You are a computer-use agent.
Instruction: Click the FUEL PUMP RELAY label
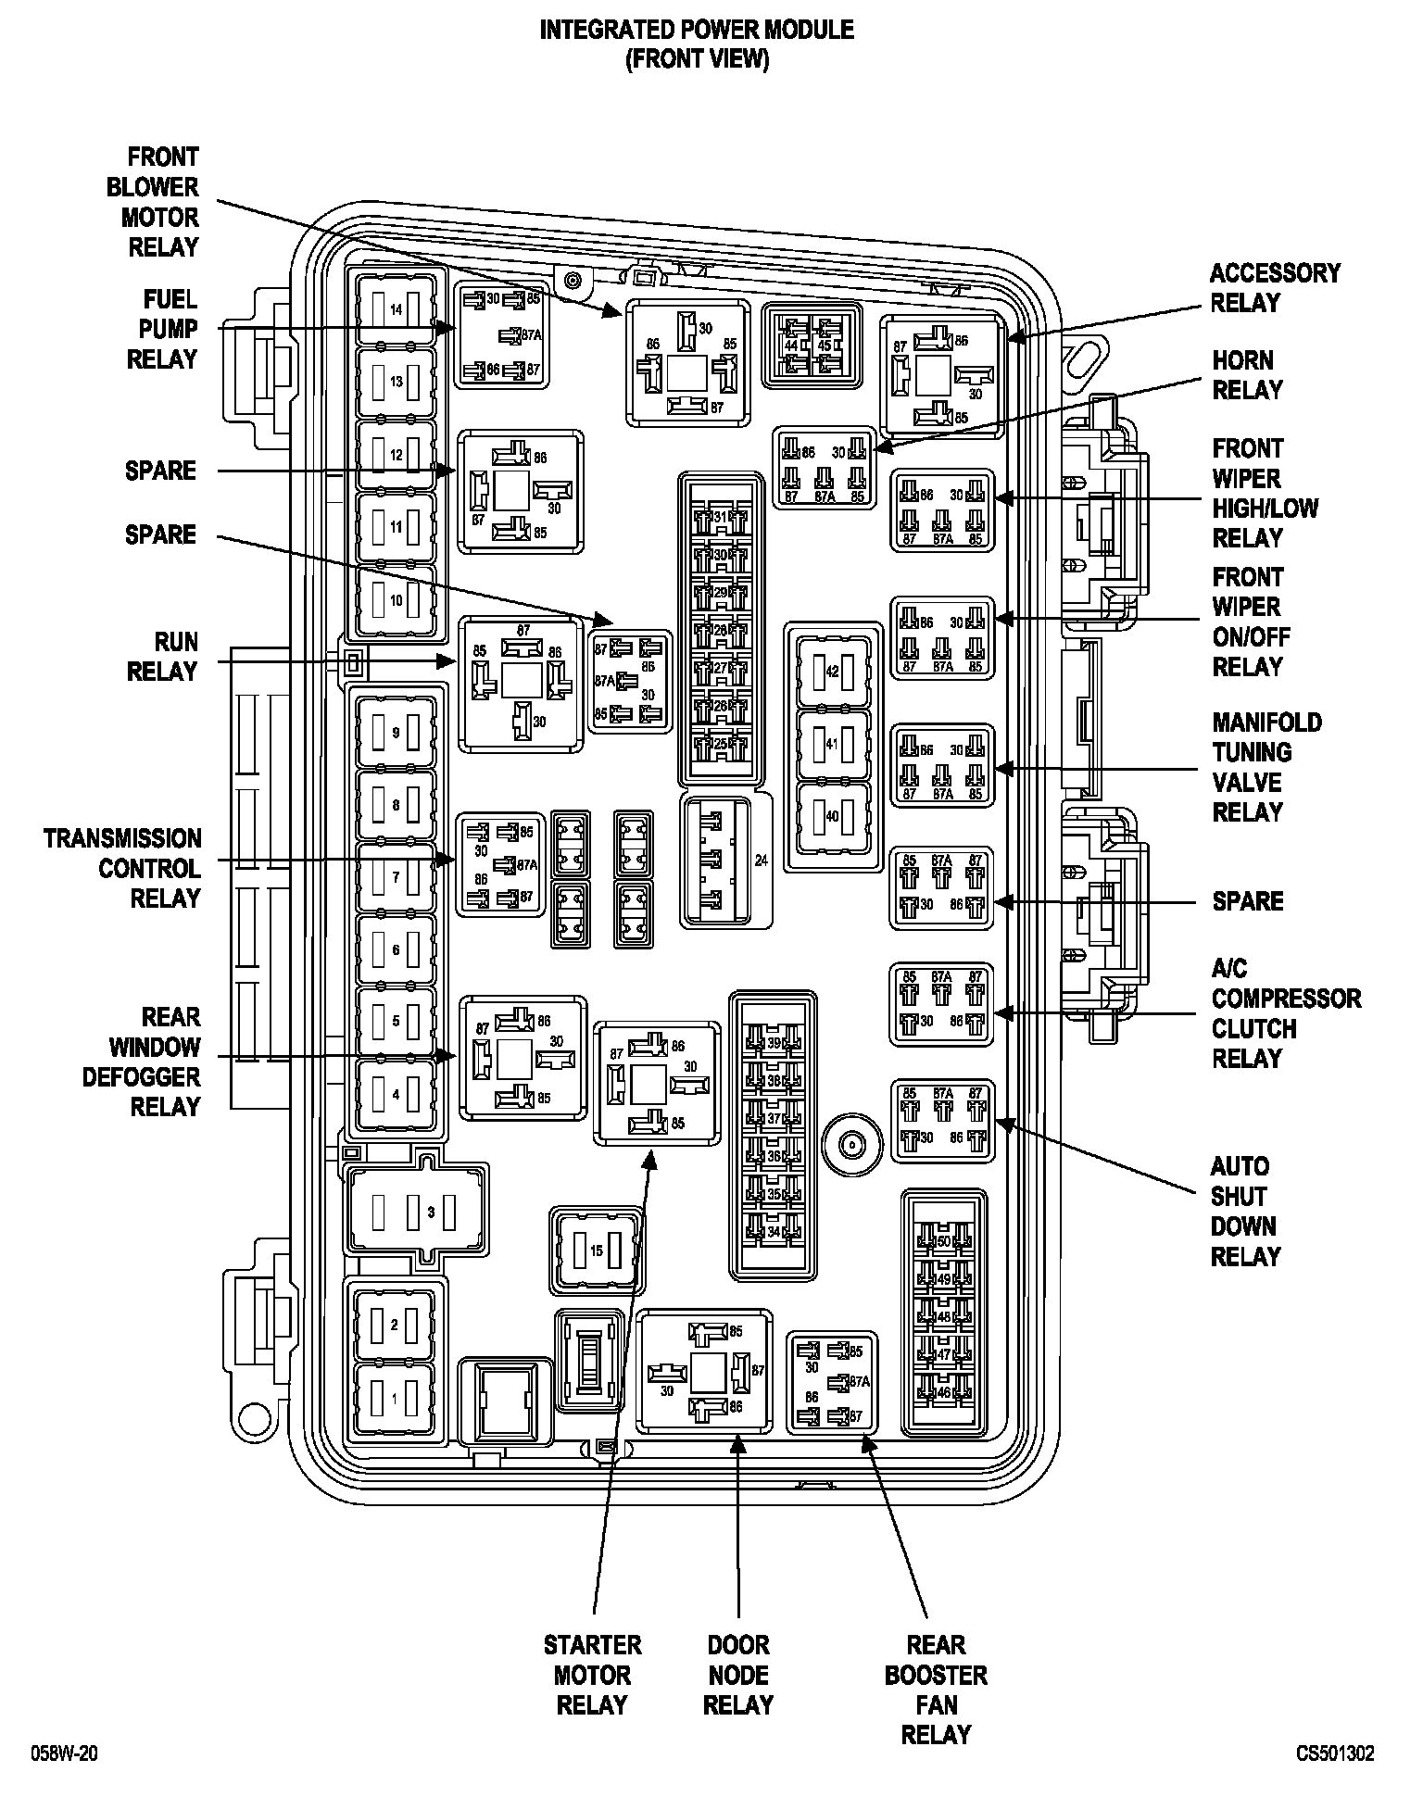coord(162,329)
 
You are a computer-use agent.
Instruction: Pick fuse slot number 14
coord(396,309)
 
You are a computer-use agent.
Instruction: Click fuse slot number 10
coord(396,600)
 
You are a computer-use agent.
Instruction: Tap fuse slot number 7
coord(396,876)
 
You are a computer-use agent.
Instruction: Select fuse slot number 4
coord(396,1094)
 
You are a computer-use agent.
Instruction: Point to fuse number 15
coord(597,1250)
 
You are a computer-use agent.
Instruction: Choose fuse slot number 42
coord(832,671)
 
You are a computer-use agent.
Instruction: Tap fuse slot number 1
coord(395,1399)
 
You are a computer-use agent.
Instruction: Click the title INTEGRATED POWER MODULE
coord(697,31)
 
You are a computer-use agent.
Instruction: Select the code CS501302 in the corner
coord(1335,1753)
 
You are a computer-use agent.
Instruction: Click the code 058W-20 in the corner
coord(64,1753)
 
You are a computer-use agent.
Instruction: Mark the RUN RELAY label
coord(162,657)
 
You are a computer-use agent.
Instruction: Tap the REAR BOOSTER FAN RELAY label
coord(936,1690)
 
